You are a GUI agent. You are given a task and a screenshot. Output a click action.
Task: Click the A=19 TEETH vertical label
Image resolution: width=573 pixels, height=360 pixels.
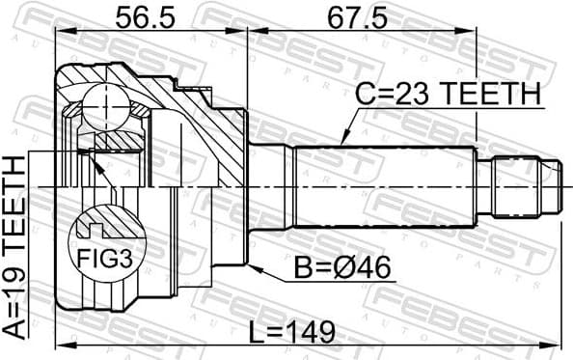click(16, 249)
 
